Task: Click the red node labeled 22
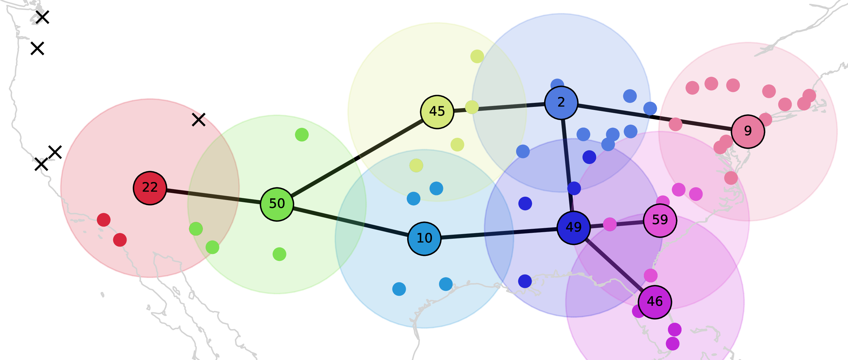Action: coord(150,188)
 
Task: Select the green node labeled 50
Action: coord(277,204)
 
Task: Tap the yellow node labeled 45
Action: coord(437,112)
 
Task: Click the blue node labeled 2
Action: coord(561,103)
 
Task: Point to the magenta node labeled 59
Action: coord(660,220)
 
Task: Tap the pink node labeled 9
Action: coord(748,132)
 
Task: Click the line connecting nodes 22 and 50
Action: coord(213,196)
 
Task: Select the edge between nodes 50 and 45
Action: coord(357,158)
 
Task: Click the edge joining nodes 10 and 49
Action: coord(499,233)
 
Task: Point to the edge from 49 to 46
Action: coord(614,265)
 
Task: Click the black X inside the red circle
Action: coord(199,120)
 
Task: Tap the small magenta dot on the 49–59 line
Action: coord(610,224)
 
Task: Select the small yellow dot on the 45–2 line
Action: coord(472,107)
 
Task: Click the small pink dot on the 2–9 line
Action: coord(676,124)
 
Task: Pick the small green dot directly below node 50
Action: coord(280,254)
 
